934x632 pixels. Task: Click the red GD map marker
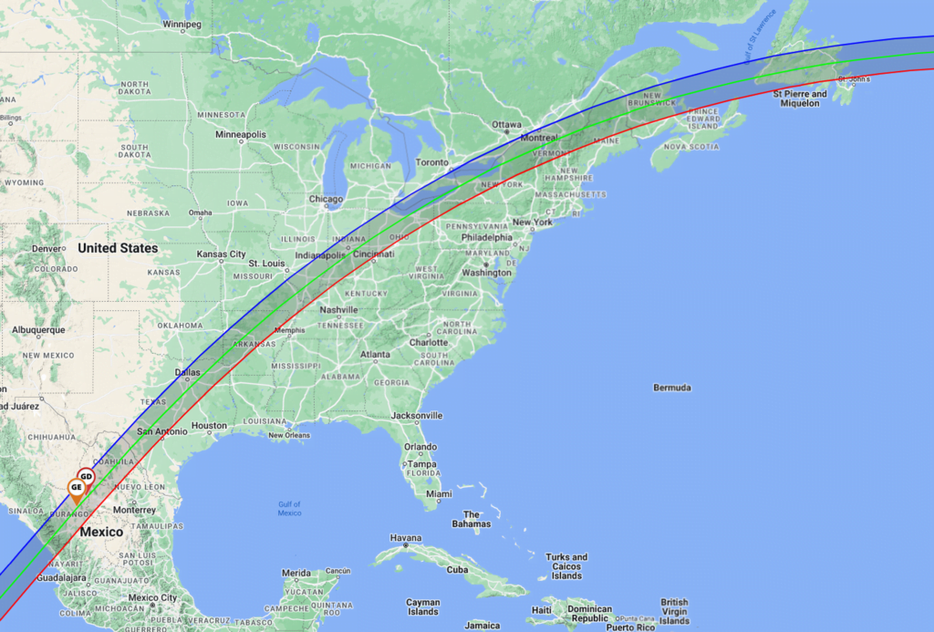(x=86, y=476)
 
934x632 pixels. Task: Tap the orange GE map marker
(x=77, y=489)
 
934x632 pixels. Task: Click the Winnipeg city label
(x=182, y=25)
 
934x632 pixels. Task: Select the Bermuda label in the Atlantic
(x=671, y=388)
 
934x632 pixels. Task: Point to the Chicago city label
(x=326, y=199)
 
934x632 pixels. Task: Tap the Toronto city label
(x=432, y=162)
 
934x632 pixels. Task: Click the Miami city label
(x=439, y=494)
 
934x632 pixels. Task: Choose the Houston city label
(x=209, y=426)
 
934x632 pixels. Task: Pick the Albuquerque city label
(x=38, y=330)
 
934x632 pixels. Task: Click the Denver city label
(x=47, y=248)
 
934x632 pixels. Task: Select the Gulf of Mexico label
(x=289, y=509)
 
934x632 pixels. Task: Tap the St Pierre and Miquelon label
(x=800, y=98)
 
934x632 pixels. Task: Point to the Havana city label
(x=406, y=538)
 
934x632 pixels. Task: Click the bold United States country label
(x=118, y=248)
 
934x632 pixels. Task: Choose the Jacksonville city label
(x=416, y=416)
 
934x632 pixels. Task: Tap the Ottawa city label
(x=506, y=124)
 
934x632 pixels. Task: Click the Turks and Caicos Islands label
(x=566, y=566)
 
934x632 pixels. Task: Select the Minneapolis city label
(x=241, y=134)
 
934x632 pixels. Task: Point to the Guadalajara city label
(x=62, y=578)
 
